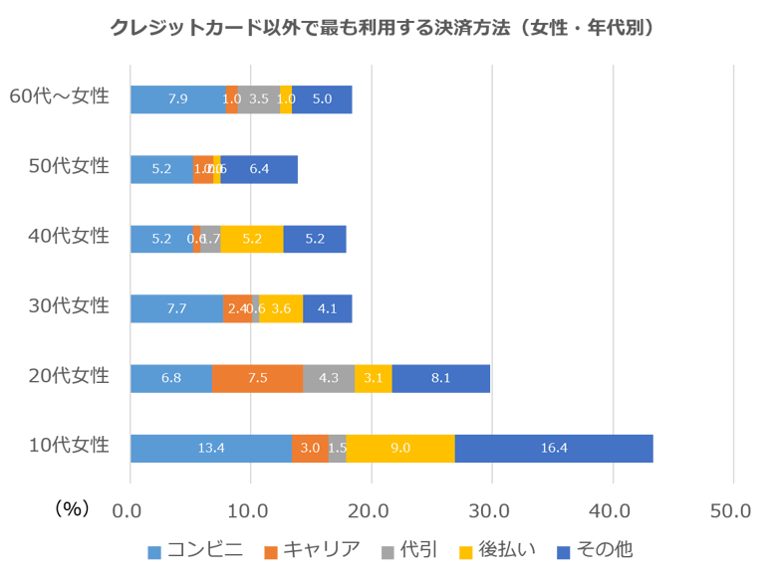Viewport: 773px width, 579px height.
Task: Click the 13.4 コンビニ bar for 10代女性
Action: [211, 449]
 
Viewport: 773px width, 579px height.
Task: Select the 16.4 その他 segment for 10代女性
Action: [554, 449]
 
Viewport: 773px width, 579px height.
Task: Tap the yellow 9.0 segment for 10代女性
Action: [400, 449]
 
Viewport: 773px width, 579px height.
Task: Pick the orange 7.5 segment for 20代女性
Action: [257, 379]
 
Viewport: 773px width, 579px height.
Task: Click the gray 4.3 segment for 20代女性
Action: [329, 379]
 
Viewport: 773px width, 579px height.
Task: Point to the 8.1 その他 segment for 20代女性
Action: [441, 379]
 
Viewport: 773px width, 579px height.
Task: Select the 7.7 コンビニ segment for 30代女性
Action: [176, 309]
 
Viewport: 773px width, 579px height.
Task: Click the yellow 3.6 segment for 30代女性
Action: [281, 309]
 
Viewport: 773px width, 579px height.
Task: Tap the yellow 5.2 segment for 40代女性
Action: [252, 240]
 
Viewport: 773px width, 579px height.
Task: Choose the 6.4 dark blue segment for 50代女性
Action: [259, 170]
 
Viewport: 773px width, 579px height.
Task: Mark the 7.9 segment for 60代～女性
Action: [178, 99]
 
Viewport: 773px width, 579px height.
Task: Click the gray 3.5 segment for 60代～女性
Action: [259, 99]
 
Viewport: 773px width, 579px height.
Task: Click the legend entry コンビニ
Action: [195, 550]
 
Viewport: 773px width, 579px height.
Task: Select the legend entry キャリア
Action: [312, 550]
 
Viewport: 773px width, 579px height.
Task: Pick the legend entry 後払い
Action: [498, 550]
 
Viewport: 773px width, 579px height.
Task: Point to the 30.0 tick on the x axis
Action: [490, 511]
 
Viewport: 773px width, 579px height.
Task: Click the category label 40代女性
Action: [69, 237]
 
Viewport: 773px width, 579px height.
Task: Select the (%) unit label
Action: [72, 509]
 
